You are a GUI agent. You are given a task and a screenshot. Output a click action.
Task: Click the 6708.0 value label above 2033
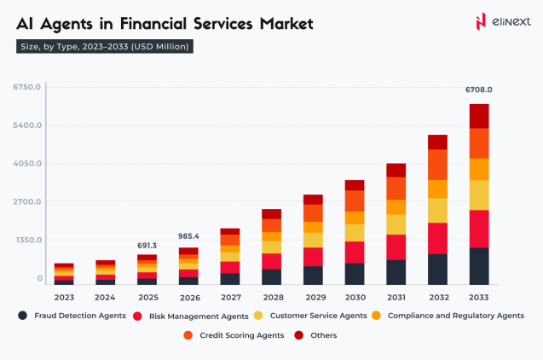478,90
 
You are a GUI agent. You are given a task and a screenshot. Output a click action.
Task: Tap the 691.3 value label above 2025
147,246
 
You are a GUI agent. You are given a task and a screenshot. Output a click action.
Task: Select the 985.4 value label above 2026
188,236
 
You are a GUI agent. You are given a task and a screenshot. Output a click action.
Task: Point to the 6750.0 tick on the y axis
27,87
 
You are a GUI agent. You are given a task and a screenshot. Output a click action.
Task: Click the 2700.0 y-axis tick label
27,202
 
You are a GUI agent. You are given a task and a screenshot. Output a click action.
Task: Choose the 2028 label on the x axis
271,298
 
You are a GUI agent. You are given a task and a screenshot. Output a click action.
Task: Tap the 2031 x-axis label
396,298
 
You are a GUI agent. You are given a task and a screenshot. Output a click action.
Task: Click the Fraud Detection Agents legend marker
23,316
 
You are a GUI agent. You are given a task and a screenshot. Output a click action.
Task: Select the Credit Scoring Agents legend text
240,335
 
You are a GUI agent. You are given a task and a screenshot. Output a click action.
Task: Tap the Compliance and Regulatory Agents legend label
455,316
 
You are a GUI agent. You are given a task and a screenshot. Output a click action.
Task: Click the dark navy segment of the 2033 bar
478,265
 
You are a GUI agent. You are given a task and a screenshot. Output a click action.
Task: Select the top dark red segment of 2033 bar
478,116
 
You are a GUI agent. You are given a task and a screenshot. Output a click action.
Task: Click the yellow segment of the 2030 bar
354,232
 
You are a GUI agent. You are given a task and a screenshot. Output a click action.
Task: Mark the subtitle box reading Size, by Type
104,46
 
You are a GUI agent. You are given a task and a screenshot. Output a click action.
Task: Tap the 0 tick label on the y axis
38,279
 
